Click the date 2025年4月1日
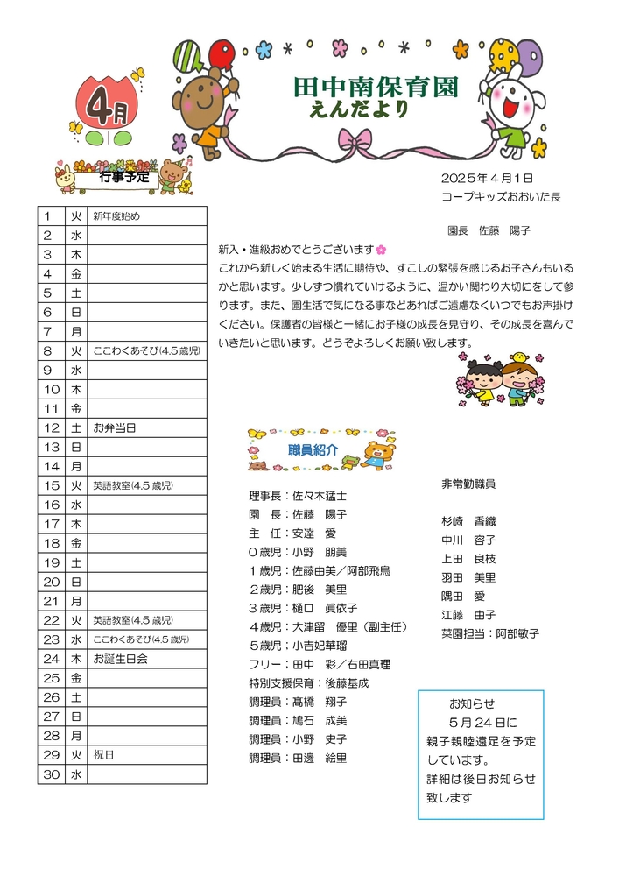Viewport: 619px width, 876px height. click(x=488, y=178)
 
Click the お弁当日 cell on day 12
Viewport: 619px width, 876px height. click(x=114, y=428)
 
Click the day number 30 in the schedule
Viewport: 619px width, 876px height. click(x=51, y=774)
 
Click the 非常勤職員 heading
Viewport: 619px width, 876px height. click(x=469, y=484)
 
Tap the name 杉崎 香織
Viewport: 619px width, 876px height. click(x=469, y=521)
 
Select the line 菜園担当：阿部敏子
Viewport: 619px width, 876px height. click(x=489, y=633)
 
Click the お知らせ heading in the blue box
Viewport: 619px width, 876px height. click(x=472, y=704)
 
